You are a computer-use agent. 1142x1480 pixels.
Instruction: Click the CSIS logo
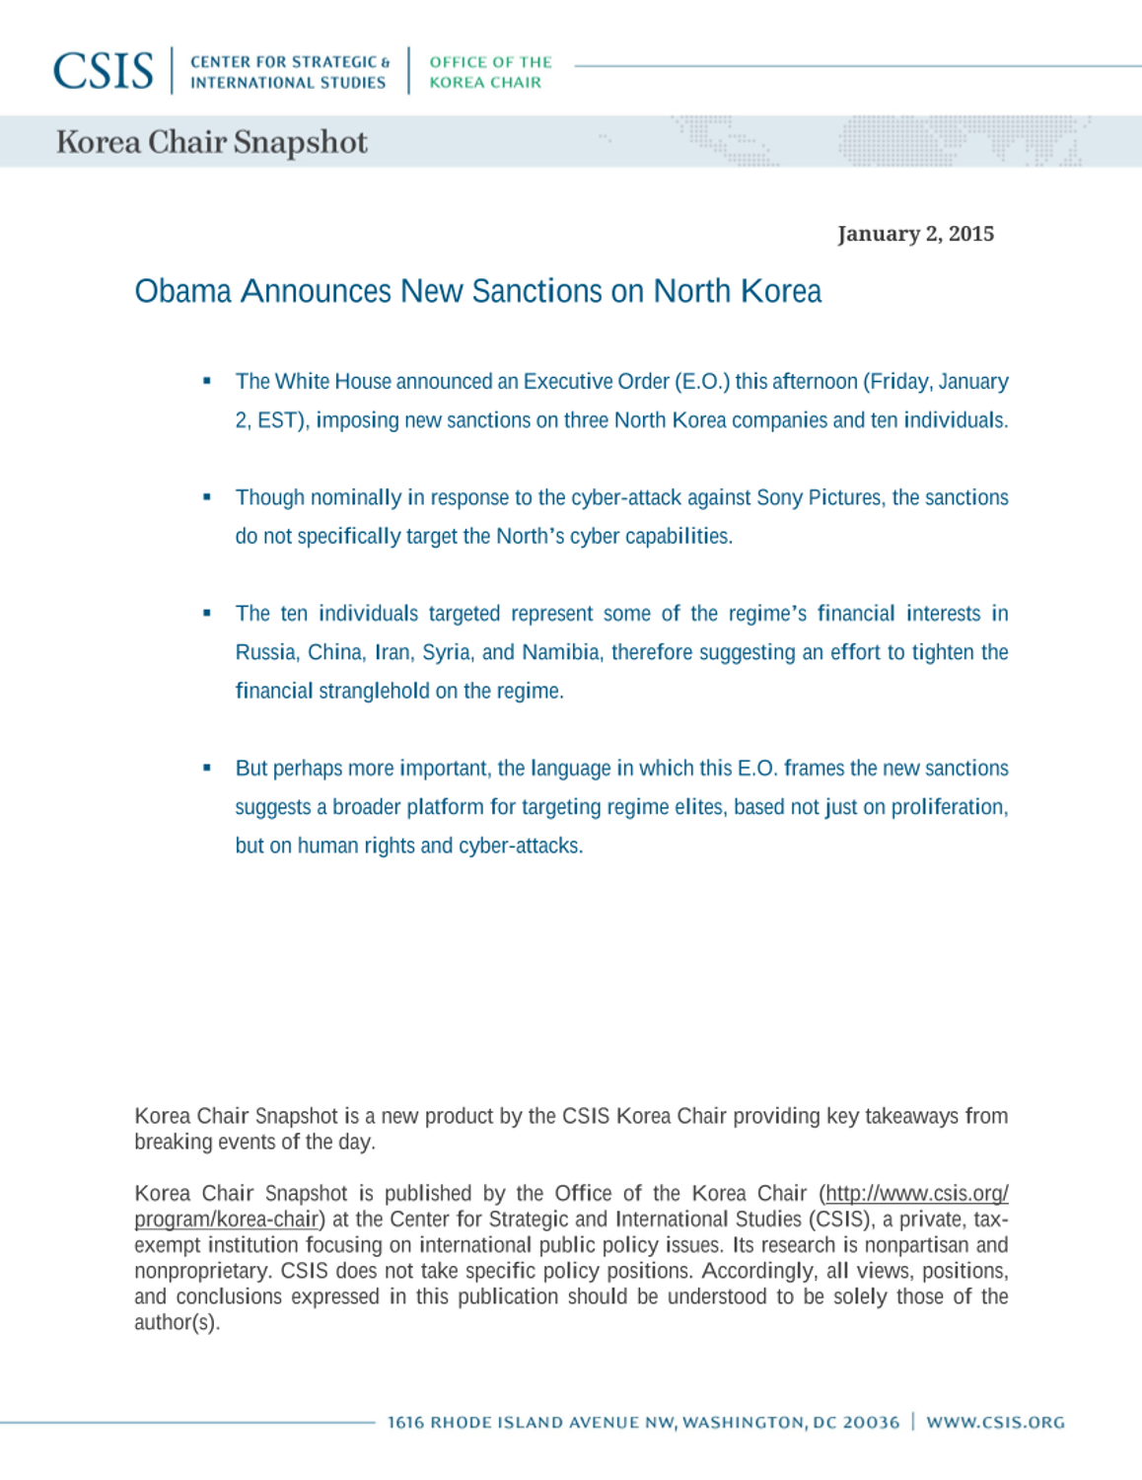104,71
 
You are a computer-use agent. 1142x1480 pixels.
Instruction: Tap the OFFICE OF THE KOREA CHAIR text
490,72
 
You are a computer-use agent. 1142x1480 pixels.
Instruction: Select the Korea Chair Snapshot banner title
211,142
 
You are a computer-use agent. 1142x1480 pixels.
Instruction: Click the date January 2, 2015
915,234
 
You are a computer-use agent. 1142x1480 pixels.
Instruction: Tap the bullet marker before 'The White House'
207,381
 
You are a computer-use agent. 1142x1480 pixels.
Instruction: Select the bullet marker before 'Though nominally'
207,497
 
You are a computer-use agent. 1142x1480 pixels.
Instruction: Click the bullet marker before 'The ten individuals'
207,613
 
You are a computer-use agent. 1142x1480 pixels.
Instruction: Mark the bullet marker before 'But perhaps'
207,768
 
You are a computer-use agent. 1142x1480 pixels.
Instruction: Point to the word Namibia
560,652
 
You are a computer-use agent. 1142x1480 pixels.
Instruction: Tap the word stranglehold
374,691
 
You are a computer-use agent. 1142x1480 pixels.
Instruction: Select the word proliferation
948,807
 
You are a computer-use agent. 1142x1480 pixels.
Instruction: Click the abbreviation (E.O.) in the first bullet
702,382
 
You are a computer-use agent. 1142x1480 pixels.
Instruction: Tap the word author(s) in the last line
176,1322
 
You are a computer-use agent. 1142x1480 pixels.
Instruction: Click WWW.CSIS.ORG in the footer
995,1422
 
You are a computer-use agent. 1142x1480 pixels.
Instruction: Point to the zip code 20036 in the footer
871,1422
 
